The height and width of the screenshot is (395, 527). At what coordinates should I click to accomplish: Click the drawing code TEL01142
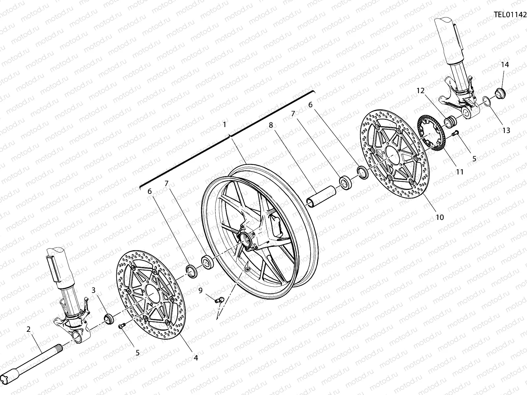[x=510, y=14]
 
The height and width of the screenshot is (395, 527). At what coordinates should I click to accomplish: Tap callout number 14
[x=505, y=65]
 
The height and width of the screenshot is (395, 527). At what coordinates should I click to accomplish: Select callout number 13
[x=506, y=130]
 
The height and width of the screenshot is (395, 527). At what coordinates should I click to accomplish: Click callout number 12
[x=420, y=91]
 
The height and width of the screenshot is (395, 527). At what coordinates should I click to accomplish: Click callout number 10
[x=440, y=217]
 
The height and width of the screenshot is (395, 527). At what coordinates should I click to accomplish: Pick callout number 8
[x=271, y=125]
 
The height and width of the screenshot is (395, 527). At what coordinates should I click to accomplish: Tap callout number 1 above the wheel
[x=224, y=125]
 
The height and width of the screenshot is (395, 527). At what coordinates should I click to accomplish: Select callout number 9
[x=200, y=290]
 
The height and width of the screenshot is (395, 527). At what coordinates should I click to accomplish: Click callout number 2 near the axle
[x=29, y=329]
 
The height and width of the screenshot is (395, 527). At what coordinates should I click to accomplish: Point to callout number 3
[x=94, y=290]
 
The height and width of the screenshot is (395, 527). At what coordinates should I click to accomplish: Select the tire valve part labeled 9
[x=219, y=300]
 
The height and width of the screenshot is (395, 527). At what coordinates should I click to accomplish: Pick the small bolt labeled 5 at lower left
[x=121, y=326]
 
